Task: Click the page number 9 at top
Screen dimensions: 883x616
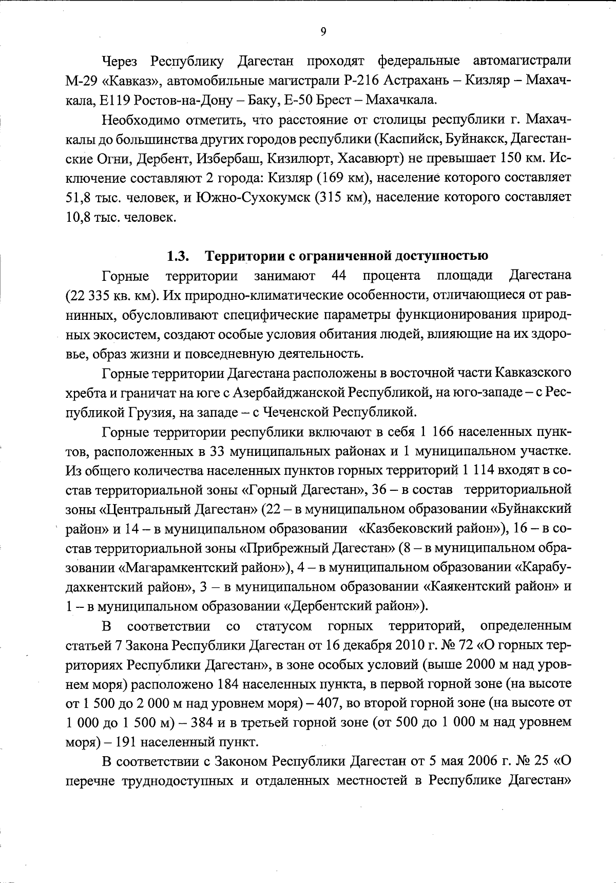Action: [323, 32]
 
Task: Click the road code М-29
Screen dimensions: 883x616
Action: [84, 80]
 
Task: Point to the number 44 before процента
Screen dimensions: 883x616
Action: [339, 276]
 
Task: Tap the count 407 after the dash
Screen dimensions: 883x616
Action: [328, 704]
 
